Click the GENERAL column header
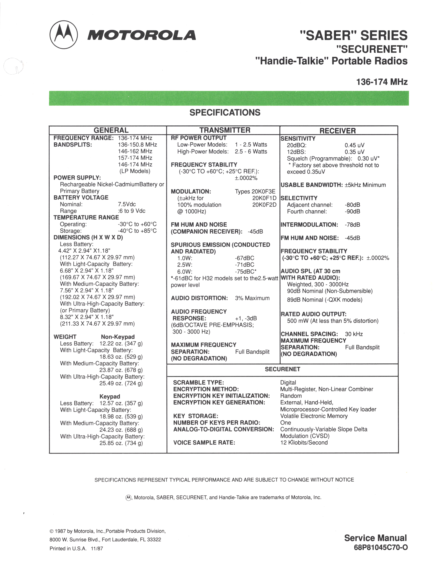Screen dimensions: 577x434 [x=111, y=130]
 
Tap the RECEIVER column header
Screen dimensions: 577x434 [x=338, y=131]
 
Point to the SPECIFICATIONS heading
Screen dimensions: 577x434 [x=225, y=112]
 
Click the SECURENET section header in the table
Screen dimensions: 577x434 [x=282, y=369]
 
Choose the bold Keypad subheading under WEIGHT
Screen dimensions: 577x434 [x=110, y=396]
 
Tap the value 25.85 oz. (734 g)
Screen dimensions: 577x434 [x=121, y=443]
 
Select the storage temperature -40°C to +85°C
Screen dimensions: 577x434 [x=137, y=231]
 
